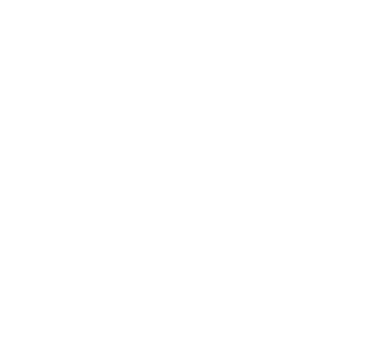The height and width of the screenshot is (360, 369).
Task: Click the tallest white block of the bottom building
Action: pos(211,295)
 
